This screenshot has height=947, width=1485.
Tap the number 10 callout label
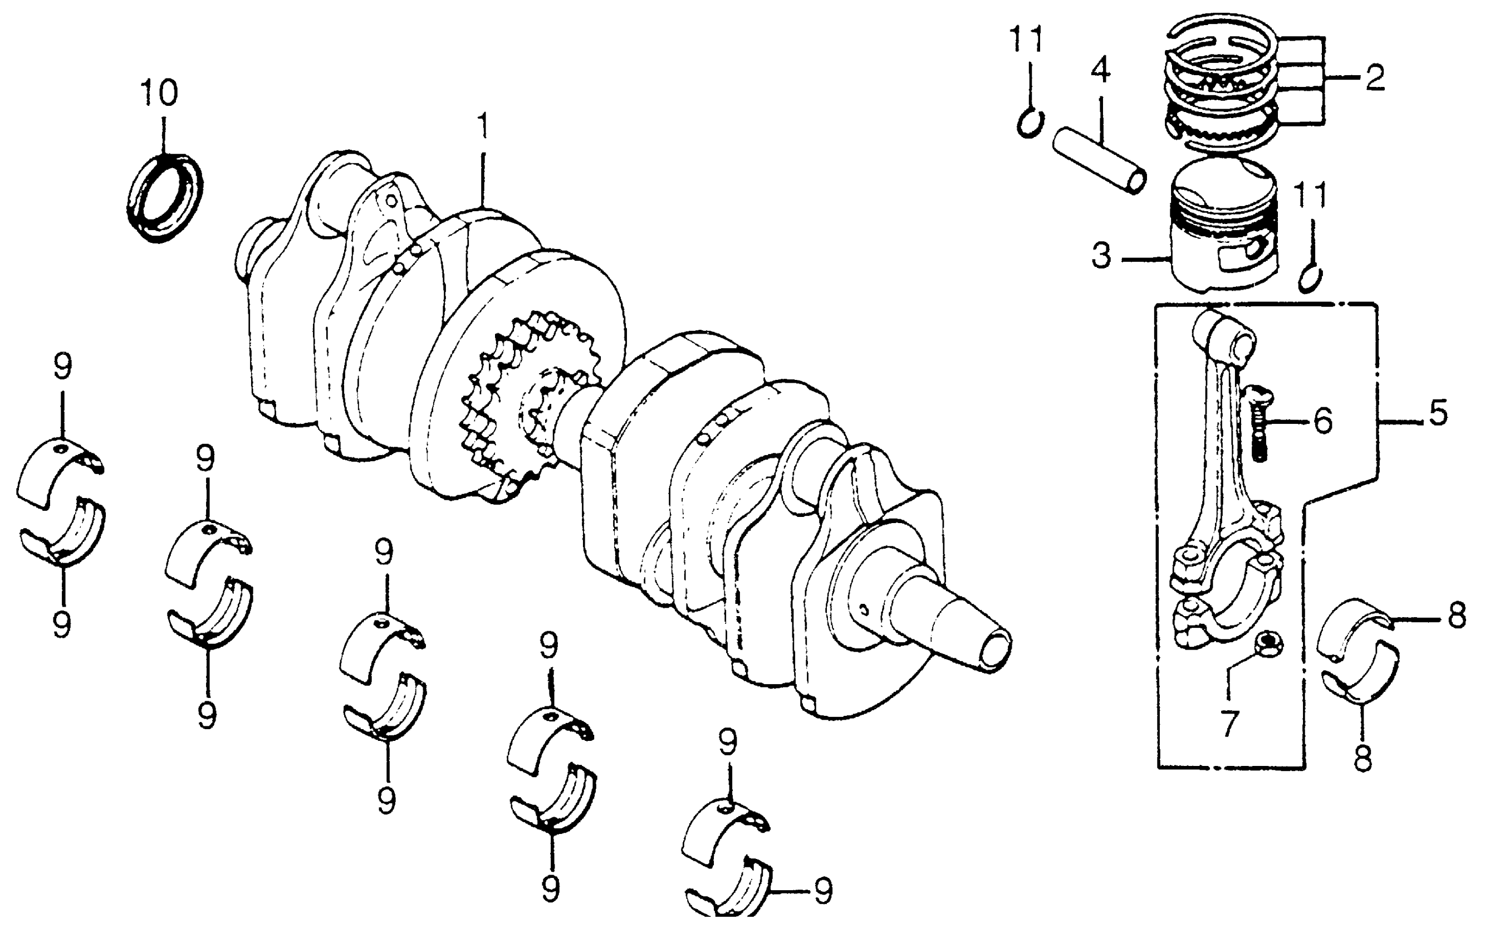coord(159,93)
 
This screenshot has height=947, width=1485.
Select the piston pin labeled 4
coord(1100,159)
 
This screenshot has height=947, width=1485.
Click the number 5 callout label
coord(1438,413)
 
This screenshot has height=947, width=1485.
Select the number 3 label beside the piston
coord(1101,256)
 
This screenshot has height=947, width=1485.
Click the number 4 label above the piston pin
coord(1100,71)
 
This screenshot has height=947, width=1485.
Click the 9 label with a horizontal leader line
coord(824,891)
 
